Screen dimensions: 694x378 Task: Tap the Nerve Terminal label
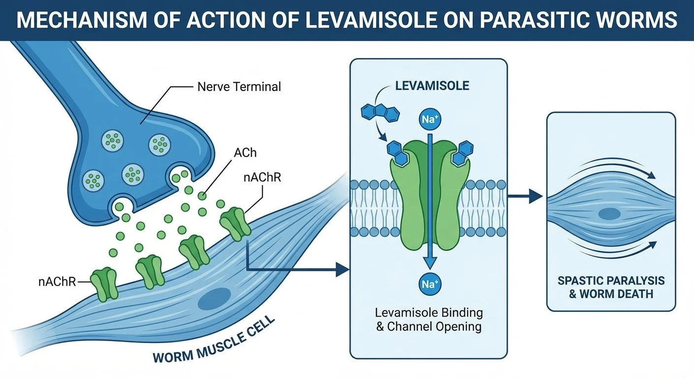click(x=239, y=87)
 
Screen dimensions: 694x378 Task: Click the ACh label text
click(x=245, y=153)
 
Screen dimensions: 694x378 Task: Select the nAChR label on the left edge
click(x=57, y=282)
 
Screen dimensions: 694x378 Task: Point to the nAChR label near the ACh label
click(x=262, y=177)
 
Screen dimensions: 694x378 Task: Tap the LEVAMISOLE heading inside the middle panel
click(x=432, y=86)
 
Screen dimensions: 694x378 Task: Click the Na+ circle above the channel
click(x=430, y=119)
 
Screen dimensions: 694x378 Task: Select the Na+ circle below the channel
click(x=430, y=284)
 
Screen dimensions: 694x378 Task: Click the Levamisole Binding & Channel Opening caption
click(x=429, y=319)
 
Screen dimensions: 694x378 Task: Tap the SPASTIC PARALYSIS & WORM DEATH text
click(x=611, y=287)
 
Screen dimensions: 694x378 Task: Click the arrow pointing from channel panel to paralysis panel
click(x=525, y=196)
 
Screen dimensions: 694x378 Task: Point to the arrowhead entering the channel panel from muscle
click(x=343, y=269)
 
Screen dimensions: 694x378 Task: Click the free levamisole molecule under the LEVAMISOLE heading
click(x=381, y=113)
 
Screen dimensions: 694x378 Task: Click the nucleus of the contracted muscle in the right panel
click(x=609, y=214)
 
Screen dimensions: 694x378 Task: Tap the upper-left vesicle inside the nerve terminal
click(x=112, y=141)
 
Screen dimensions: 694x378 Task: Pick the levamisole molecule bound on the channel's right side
click(x=462, y=153)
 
